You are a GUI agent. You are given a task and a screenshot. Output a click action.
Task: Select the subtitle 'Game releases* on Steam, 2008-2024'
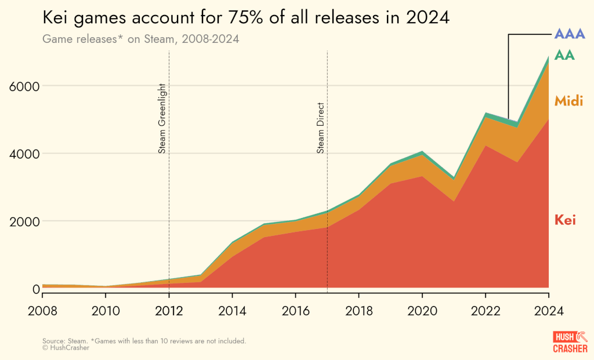(141, 39)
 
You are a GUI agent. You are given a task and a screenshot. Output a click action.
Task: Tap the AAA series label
(570, 34)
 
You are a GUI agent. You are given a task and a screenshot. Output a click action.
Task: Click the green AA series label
(565, 55)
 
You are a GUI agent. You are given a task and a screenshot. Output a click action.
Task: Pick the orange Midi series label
(568, 100)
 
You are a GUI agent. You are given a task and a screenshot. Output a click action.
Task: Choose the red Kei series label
(565, 220)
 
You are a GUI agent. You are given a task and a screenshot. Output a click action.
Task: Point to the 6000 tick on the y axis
(24, 86)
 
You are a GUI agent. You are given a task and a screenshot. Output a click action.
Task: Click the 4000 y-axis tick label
(24, 154)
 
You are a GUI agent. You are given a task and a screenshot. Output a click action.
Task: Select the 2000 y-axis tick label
(24, 221)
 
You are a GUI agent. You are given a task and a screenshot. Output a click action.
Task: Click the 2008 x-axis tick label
(42, 310)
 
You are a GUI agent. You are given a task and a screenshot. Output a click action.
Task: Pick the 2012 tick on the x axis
(169, 310)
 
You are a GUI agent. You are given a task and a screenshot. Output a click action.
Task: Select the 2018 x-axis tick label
(358, 310)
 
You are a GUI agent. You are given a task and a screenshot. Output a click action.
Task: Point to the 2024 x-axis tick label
(548, 310)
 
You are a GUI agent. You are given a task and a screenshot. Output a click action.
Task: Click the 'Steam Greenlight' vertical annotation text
(162, 119)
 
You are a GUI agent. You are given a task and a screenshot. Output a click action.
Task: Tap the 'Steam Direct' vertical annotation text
(321, 128)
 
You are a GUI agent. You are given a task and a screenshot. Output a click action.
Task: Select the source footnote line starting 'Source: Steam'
(144, 341)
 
